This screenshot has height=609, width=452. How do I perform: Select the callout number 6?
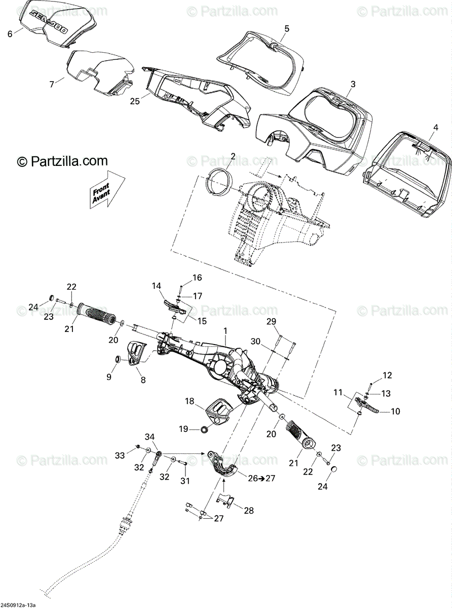(x=10, y=34)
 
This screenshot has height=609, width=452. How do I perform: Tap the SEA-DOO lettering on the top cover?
(x=49, y=23)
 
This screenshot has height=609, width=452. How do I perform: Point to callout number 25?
(x=134, y=101)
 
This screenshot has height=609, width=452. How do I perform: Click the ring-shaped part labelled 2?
(x=219, y=181)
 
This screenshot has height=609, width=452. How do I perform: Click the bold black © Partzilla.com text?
(x=62, y=161)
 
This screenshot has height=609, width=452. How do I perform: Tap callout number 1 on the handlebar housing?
(x=225, y=331)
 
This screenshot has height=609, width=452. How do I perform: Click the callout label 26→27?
(x=261, y=478)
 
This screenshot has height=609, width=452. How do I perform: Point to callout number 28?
(x=248, y=511)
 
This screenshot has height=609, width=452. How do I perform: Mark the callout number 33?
(x=119, y=456)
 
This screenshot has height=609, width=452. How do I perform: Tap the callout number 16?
(x=197, y=278)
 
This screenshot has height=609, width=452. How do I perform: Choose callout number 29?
(x=271, y=321)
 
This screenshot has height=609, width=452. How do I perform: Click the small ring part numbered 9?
(x=118, y=360)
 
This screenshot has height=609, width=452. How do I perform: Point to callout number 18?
(x=190, y=401)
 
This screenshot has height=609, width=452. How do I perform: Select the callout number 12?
(x=387, y=376)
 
